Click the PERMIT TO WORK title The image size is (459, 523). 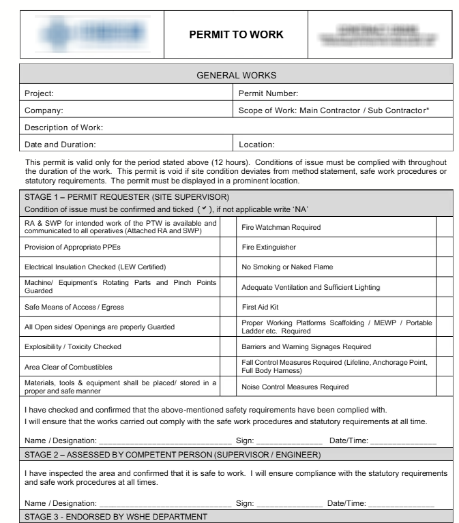(x=236, y=35)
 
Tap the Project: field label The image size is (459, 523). (x=39, y=93)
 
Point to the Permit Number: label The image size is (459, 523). (x=269, y=93)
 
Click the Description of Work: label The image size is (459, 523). (x=63, y=127)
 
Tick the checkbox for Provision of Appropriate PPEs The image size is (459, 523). (x=227, y=247)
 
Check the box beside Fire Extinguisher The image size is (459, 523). (x=444, y=247)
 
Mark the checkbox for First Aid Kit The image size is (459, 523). (x=444, y=307)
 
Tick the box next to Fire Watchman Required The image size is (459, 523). (x=444, y=227)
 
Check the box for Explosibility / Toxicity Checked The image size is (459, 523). (x=227, y=346)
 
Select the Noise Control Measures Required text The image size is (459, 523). (x=295, y=387)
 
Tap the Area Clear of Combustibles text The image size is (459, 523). (x=68, y=367)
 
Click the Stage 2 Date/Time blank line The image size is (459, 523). (x=400, y=505)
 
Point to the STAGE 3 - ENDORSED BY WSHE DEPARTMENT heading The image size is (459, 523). (x=115, y=517)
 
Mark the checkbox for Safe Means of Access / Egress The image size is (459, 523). (x=227, y=307)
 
